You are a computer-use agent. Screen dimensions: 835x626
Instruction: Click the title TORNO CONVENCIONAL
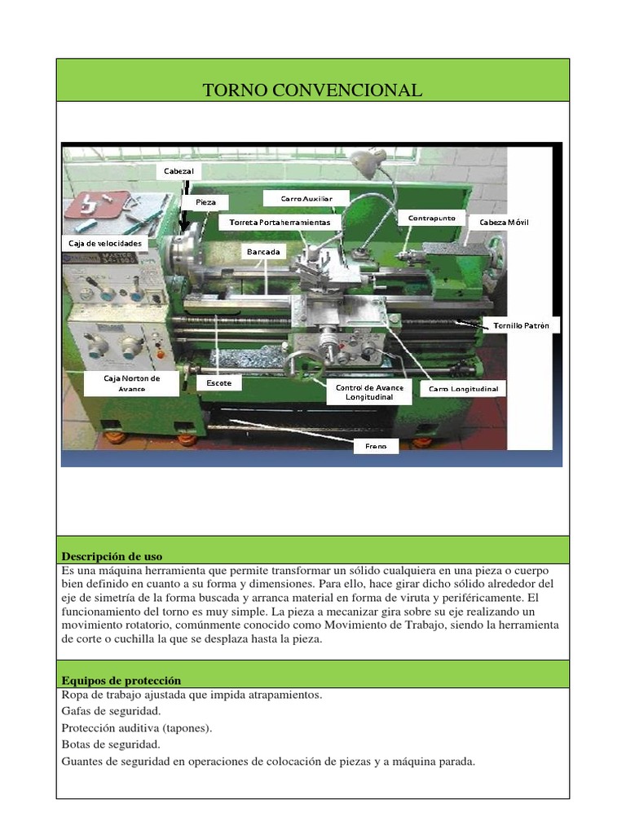313,91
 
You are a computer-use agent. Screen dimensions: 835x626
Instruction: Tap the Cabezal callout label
178,171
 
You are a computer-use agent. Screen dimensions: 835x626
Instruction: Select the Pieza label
205,201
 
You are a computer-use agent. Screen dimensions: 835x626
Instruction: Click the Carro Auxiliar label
306,198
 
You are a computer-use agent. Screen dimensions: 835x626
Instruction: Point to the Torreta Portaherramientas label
280,222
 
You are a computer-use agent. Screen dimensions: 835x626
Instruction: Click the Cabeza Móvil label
504,222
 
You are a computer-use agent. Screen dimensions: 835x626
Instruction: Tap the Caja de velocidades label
105,243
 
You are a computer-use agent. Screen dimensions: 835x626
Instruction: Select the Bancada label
263,252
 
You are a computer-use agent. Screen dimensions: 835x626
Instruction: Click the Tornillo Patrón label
521,325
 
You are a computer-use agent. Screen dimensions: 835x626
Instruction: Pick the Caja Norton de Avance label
131,383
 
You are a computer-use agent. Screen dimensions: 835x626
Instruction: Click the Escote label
218,382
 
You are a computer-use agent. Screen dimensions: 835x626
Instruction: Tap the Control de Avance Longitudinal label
369,392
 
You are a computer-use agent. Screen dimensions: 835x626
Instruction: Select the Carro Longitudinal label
463,389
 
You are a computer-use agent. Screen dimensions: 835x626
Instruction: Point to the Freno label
376,446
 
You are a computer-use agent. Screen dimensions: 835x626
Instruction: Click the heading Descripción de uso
112,557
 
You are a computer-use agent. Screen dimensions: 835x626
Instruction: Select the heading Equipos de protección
121,680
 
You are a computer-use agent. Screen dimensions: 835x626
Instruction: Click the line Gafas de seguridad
111,711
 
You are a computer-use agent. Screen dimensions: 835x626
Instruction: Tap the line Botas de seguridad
111,744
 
